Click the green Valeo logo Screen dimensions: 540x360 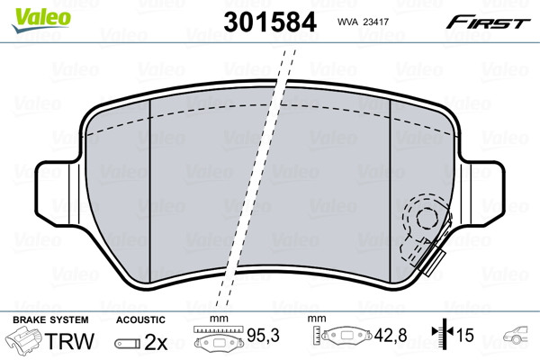(41, 20)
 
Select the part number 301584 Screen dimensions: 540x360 (270, 22)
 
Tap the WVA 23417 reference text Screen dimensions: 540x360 (363, 22)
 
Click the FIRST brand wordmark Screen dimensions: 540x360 (488, 23)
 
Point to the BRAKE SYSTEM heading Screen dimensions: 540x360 (50, 319)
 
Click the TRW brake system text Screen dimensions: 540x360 (69, 341)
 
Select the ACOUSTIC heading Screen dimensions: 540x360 (140, 319)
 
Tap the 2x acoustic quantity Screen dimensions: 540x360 (156, 342)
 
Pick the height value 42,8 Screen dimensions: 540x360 (391, 335)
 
